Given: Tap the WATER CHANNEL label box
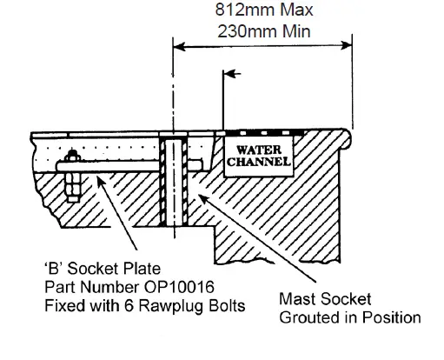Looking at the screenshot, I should [258, 155].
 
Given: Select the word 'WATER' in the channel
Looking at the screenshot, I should [258, 149].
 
